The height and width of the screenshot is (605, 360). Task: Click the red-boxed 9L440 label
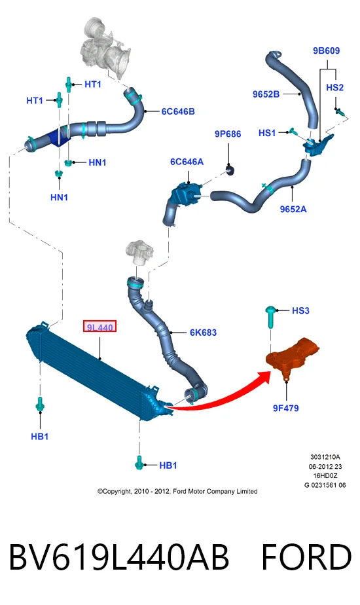click(x=99, y=327)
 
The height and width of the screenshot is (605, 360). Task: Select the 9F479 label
click(x=285, y=408)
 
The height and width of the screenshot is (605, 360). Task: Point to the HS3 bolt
click(x=270, y=317)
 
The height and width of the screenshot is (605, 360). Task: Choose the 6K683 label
click(x=203, y=332)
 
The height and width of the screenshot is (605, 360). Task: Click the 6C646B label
click(x=178, y=111)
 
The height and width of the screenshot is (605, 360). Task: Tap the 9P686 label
click(x=228, y=134)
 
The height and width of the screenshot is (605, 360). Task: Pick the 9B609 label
click(x=326, y=50)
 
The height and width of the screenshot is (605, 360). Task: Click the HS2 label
click(x=334, y=87)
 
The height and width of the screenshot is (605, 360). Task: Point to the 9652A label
click(x=293, y=209)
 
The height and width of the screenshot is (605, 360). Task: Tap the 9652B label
click(x=266, y=94)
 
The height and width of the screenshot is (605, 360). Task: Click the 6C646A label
click(x=187, y=161)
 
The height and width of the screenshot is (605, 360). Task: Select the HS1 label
click(x=267, y=133)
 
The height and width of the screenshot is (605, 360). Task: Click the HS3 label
click(x=300, y=310)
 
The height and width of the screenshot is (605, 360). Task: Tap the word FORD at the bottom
click(x=306, y=557)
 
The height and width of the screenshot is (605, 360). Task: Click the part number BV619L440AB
click(x=119, y=557)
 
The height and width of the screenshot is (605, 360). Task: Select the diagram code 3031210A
click(x=325, y=457)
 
